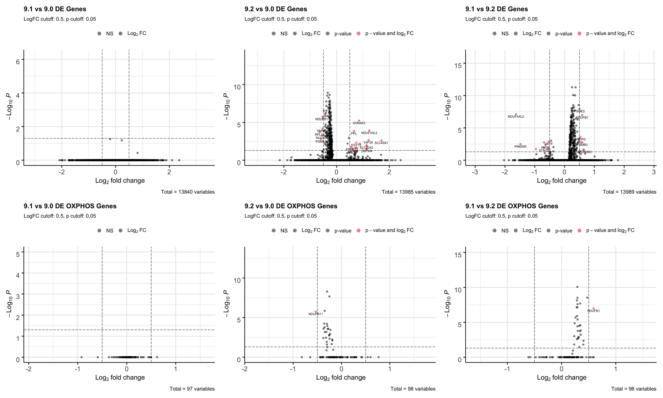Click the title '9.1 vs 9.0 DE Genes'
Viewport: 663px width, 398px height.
[x=55, y=9]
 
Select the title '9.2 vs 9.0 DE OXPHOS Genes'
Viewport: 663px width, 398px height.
[x=291, y=206]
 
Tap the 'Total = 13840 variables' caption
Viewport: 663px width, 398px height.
[x=188, y=192]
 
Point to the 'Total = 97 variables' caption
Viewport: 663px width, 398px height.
[x=192, y=389]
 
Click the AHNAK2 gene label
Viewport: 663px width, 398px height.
[x=359, y=123]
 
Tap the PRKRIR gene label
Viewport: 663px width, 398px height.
[x=520, y=147]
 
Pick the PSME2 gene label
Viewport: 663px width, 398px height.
[x=579, y=111]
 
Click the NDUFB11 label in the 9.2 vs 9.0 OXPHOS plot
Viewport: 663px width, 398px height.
[x=315, y=314]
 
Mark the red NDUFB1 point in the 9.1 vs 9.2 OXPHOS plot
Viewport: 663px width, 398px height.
[x=594, y=308]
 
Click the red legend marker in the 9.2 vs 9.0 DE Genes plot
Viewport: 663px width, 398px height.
[x=359, y=34]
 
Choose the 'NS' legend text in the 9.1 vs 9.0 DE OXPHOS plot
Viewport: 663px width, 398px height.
[x=110, y=231]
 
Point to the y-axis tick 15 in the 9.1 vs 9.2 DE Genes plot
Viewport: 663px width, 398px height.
[x=458, y=66]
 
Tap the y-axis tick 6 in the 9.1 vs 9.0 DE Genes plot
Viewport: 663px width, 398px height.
[x=18, y=62]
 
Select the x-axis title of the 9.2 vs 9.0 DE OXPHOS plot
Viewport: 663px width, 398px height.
[x=341, y=378]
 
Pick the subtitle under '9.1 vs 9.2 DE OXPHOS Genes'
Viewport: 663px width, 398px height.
[x=501, y=216]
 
